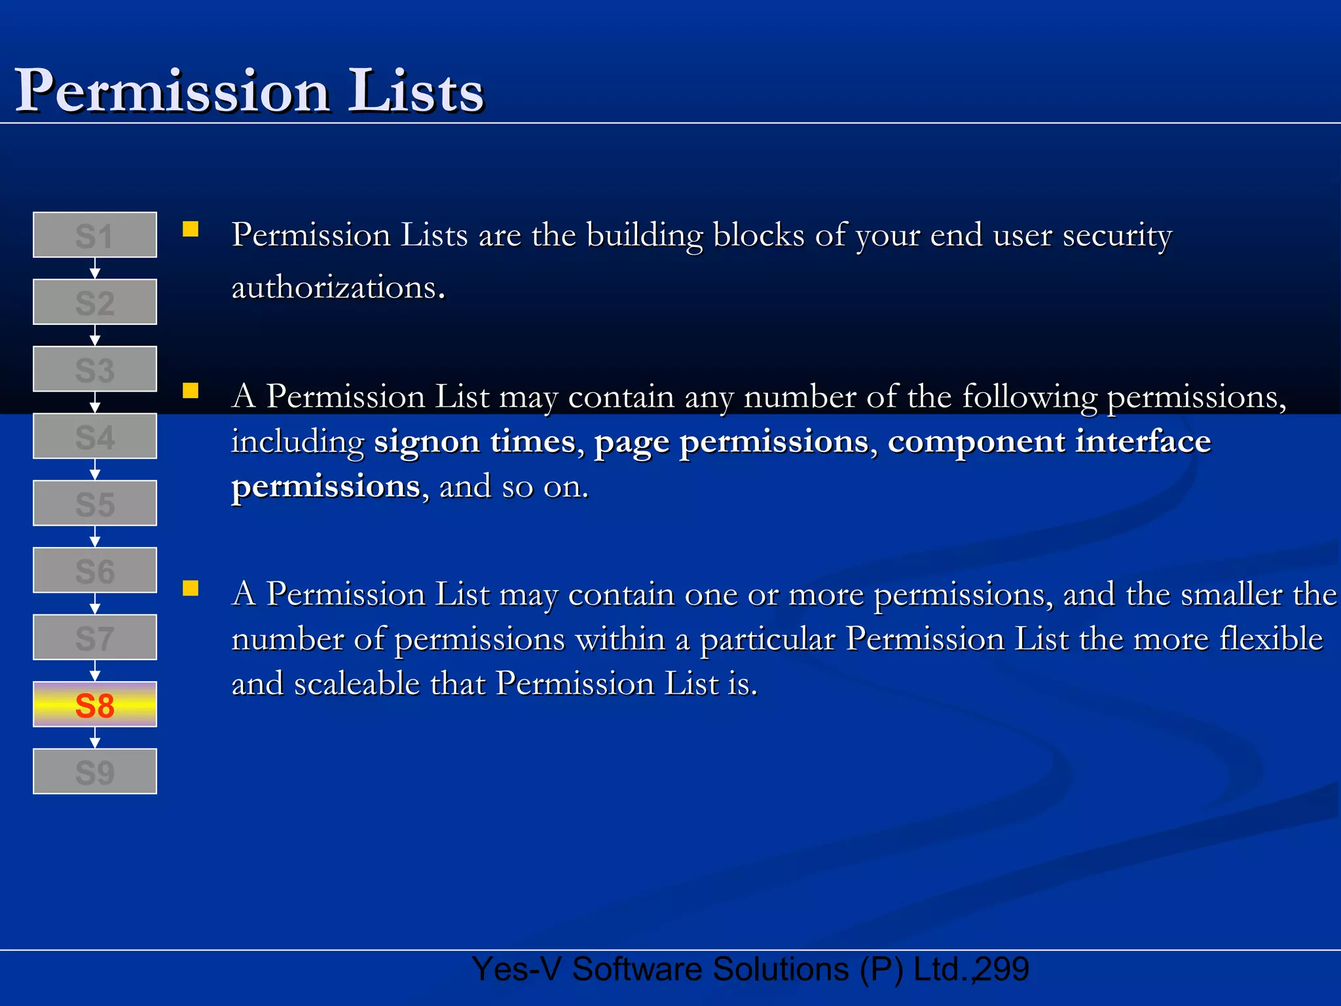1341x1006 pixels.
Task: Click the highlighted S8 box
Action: click(95, 705)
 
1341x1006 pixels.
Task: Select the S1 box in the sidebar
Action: click(95, 235)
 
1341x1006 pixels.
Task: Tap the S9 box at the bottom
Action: click(95, 772)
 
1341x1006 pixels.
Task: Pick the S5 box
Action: click(95, 504)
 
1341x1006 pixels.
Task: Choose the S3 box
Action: click(95, 369)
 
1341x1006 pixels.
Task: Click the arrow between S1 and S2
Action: click(95, 269)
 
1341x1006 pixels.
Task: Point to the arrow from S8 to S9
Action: click(95, 738)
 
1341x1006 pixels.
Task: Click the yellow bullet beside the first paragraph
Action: click(191, 229)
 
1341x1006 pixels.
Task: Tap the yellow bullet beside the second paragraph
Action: click(191, 391)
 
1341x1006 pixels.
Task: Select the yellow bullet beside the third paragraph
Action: click(191, 588)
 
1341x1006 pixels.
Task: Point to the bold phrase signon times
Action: click(475, 441)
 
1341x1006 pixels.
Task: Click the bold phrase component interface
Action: click(1049, 441)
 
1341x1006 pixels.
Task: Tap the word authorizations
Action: click(335, 288)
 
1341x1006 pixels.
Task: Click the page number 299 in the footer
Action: click(1002, 969)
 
